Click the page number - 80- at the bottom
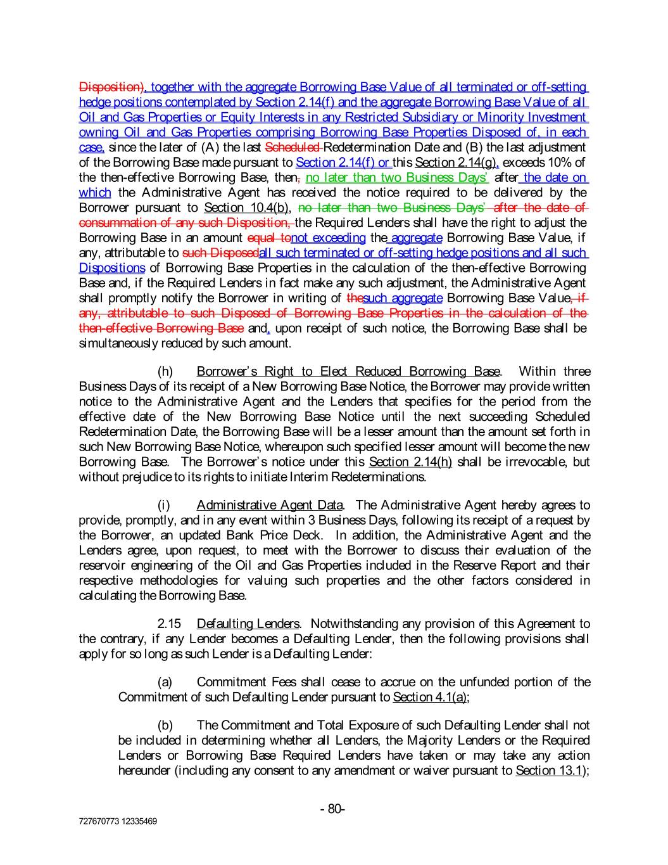point(332,809)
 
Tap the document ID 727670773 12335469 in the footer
point(118,821)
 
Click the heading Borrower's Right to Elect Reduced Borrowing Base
point(348,371)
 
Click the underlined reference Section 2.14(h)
point(410,462)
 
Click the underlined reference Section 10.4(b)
point(247,208)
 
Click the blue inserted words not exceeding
point(328,238)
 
